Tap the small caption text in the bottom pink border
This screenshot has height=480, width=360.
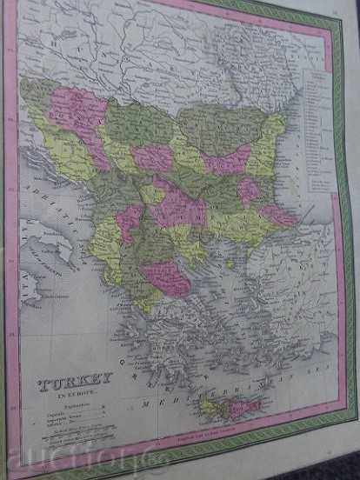209,432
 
